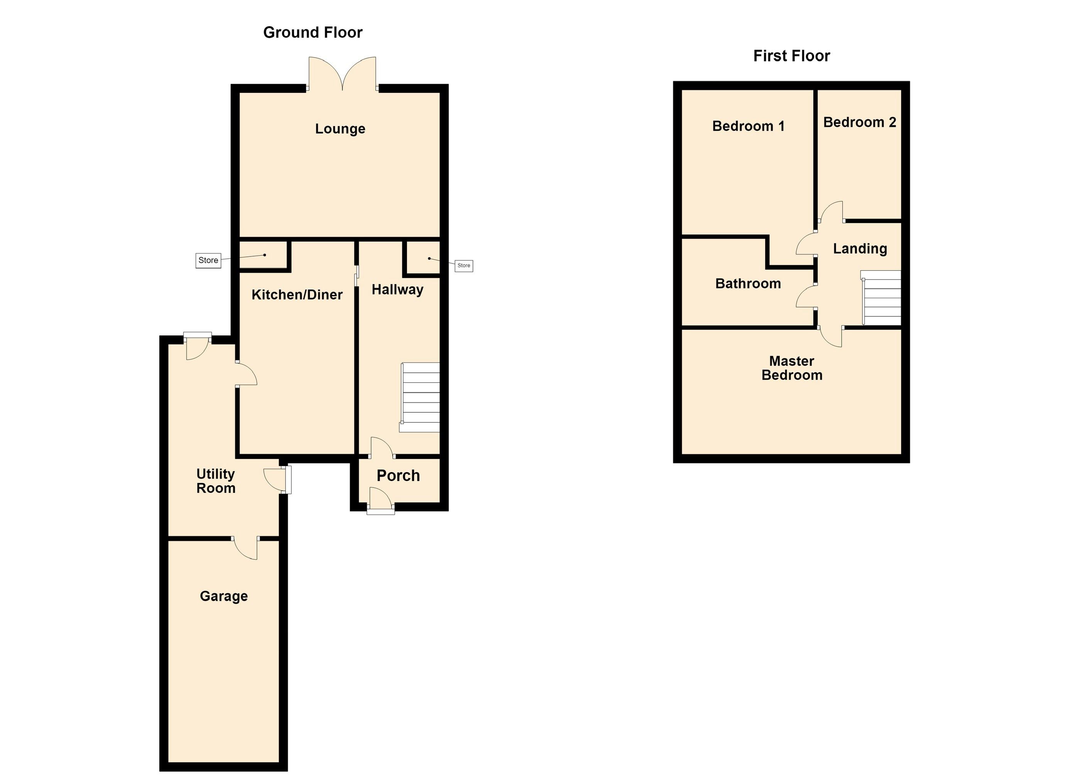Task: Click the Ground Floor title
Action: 313,32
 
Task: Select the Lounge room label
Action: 340,129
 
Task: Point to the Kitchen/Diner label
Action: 297,295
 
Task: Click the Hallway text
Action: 397,290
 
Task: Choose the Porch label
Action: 398,476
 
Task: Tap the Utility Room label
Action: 216,481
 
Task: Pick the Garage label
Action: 224,596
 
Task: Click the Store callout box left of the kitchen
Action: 208,260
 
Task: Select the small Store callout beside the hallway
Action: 464,266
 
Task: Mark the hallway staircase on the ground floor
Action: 420,397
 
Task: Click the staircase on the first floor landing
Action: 881,298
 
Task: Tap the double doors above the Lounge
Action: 343,74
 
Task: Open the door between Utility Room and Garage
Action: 245,549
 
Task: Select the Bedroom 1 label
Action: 748,127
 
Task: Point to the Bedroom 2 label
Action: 859,123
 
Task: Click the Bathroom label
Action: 748,284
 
